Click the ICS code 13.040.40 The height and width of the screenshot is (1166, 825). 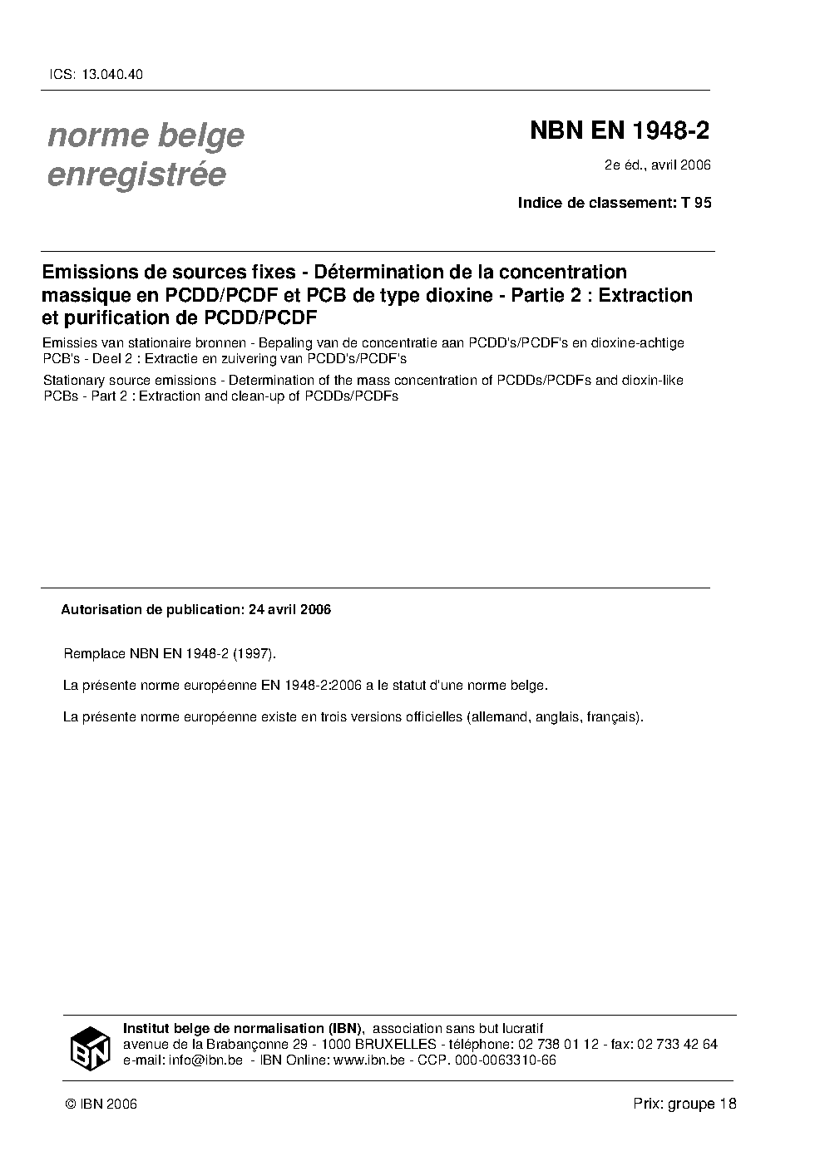coord(112,74)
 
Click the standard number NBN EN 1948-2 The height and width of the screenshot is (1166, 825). coord(620,131)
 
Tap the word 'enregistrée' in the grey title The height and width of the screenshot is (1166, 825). coord(136,175)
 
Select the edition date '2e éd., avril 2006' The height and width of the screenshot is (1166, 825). coord(657,165)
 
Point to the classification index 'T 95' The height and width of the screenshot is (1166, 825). coord(696,202)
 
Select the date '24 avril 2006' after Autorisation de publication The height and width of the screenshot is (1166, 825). coord(288,609)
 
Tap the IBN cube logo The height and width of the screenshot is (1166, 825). coord(90,1047)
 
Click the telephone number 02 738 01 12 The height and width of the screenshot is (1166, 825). coord(559,1044)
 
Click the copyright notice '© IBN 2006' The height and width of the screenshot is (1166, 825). coord(101,1105)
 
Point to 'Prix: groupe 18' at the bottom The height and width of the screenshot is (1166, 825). coord(684,1105)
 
